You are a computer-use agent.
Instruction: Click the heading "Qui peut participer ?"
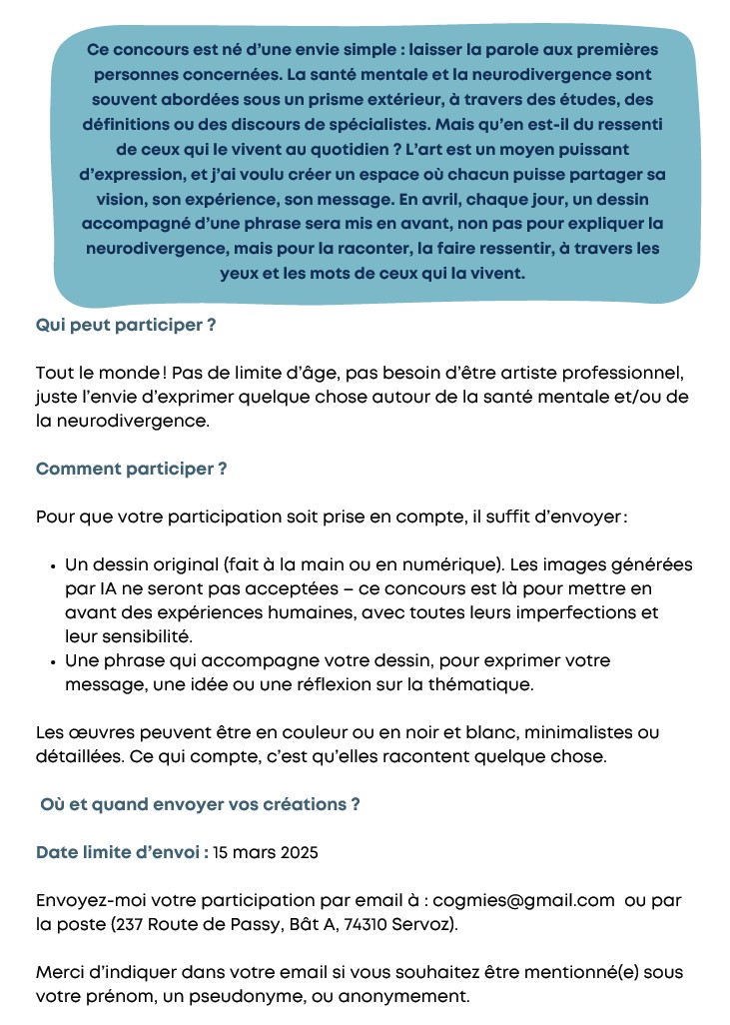(126, 326)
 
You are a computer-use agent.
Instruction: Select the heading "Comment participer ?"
(131, 469)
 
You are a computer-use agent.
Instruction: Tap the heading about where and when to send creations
(200, 803)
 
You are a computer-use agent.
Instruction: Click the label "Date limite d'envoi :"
(122, 852)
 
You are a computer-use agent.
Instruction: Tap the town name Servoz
(428, 924)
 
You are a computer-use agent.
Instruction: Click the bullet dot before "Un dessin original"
(52, 565)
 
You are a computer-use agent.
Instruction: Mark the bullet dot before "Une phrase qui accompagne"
(52, 661)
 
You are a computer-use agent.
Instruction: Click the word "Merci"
(60, 972)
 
